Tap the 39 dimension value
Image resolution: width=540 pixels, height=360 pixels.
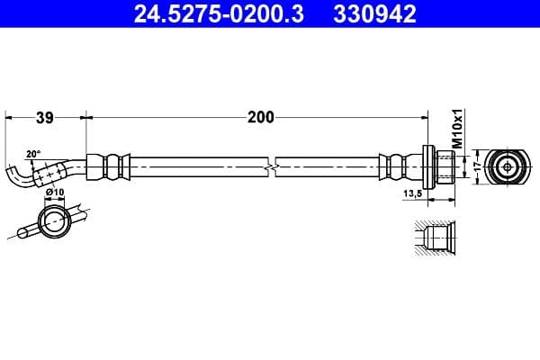[45, 116]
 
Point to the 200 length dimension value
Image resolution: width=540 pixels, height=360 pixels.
[260, 116]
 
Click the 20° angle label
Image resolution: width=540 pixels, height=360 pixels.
[33, 154]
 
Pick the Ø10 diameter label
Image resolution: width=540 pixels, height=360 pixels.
[54, 193]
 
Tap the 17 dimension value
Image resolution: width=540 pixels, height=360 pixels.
[468, 166]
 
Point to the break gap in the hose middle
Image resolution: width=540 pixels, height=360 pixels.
[273, 166]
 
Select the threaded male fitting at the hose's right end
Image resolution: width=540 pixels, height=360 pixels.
[443, 166]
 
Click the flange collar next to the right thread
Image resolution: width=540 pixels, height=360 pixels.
[427, 166]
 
